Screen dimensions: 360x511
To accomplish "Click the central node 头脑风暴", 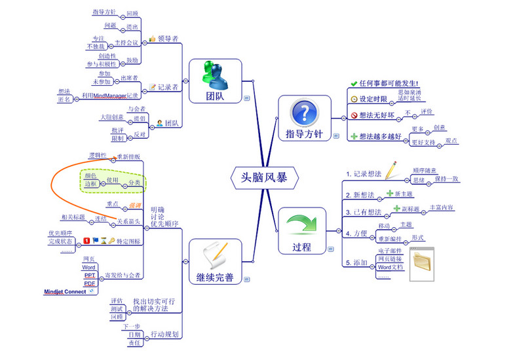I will pyautogui.click(x=265, y=177).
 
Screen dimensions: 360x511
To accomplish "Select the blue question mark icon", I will pyautogui.click(x=303, y=111).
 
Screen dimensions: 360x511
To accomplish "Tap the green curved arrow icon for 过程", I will pyautogui.click(x=302, y=223).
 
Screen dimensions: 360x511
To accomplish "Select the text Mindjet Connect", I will pyautogui.click(x=65, y=291).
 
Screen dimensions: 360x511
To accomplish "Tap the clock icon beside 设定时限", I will pyautogui.click(x=354, y=99).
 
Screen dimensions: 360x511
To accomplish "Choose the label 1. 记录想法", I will pyautogui.click(x=364, y=174).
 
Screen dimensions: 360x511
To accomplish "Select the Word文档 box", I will pyautogui.click(x=390, y=267).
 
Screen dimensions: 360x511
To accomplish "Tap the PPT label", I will pyautogui.click(x=90, y=276).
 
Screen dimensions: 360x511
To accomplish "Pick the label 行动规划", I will pyautogui.click(x=164, y=334).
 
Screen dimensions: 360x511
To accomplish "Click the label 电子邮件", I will pyautogui.click(x=390, y=250).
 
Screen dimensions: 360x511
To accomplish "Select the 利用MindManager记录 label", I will pyautogui.click(x=111, y=96).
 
